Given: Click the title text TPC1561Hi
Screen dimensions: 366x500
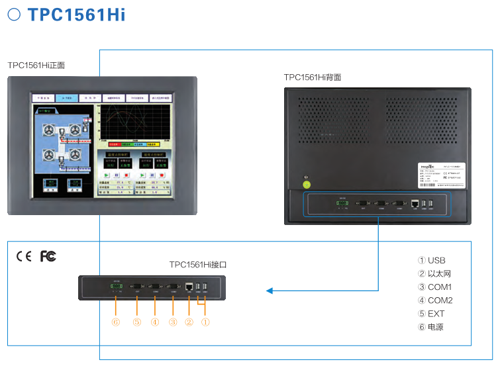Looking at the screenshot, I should (76, 15).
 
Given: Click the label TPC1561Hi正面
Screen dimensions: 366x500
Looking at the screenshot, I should (36, 66).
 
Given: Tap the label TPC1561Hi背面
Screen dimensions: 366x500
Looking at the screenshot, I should (313, 77).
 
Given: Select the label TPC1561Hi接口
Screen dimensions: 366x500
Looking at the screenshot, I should (198, 264).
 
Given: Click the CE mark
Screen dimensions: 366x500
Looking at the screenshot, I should (24, 255).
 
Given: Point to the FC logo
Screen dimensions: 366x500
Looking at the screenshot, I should (48, 255).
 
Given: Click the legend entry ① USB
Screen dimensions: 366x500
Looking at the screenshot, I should (432, 261).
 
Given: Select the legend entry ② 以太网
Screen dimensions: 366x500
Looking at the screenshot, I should (434, 274).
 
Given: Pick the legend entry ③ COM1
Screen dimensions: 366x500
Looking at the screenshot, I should (434, 287).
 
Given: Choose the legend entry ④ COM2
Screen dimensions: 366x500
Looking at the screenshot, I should (435, 300).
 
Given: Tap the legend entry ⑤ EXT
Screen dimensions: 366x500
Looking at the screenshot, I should (431, 314).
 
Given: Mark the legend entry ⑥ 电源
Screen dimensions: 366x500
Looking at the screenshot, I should (430, 327).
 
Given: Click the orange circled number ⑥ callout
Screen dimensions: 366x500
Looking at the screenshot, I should (116, 323).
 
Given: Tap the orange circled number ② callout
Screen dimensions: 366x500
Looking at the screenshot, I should (189, 323).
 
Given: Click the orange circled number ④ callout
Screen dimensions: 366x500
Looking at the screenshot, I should (155, 323).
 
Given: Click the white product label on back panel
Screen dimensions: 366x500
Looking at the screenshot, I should (442, 176).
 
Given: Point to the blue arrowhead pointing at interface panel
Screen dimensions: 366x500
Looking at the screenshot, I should (270, 290).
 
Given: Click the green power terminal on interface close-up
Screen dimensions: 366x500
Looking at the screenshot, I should (117, 286).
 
